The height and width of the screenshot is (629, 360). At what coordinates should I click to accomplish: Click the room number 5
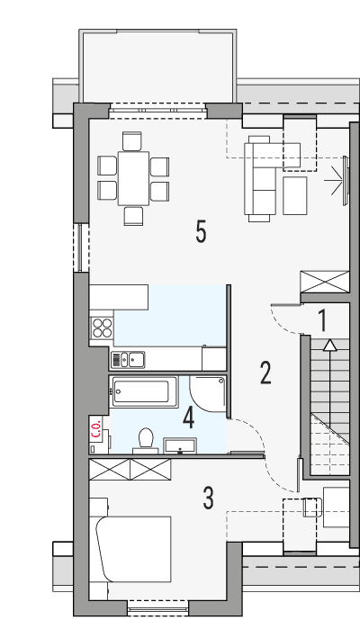(x=201, y=232)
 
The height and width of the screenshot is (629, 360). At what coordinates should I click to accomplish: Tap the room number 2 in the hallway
(x=265, y=372)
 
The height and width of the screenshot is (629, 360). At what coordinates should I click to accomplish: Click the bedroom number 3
(x=208, y=497)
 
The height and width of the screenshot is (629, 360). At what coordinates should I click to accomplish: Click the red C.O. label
(x=95, y=428)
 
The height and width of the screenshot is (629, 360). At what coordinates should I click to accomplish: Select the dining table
(x=134, y=177)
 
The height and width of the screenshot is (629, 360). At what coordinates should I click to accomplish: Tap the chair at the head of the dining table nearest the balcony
(x=132, y=140)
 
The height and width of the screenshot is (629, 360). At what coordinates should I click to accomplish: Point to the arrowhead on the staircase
(x=330, y=344)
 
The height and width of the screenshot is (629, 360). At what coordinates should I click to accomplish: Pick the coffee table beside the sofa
(x=295, y=194)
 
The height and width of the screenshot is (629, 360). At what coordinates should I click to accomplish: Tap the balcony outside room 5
(x=158, y=66)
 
